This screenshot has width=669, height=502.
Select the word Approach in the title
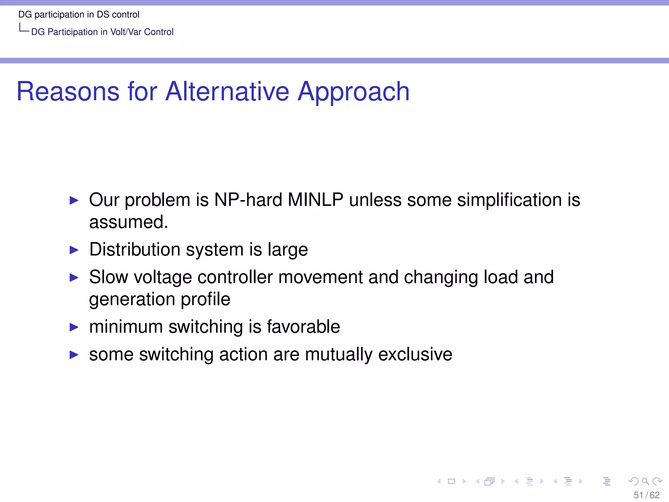(x=353, y=92)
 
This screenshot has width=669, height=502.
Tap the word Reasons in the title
(x=68, y=92)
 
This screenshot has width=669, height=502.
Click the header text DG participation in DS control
(x=79, y=14)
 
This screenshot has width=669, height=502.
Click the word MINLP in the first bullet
(x=315, y=200)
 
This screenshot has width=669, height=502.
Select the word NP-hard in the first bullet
(x=248, y=200)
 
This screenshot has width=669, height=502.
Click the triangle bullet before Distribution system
(x=74, y=250)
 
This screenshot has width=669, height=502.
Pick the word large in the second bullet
(x=287, y=250)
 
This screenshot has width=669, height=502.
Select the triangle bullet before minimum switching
(x=74, y=327)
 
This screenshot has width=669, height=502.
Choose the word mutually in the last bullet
(x=338, y=355)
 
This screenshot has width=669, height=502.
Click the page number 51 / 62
(x=646, y=495)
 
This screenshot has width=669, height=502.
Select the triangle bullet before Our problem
(x=74, y=200)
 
